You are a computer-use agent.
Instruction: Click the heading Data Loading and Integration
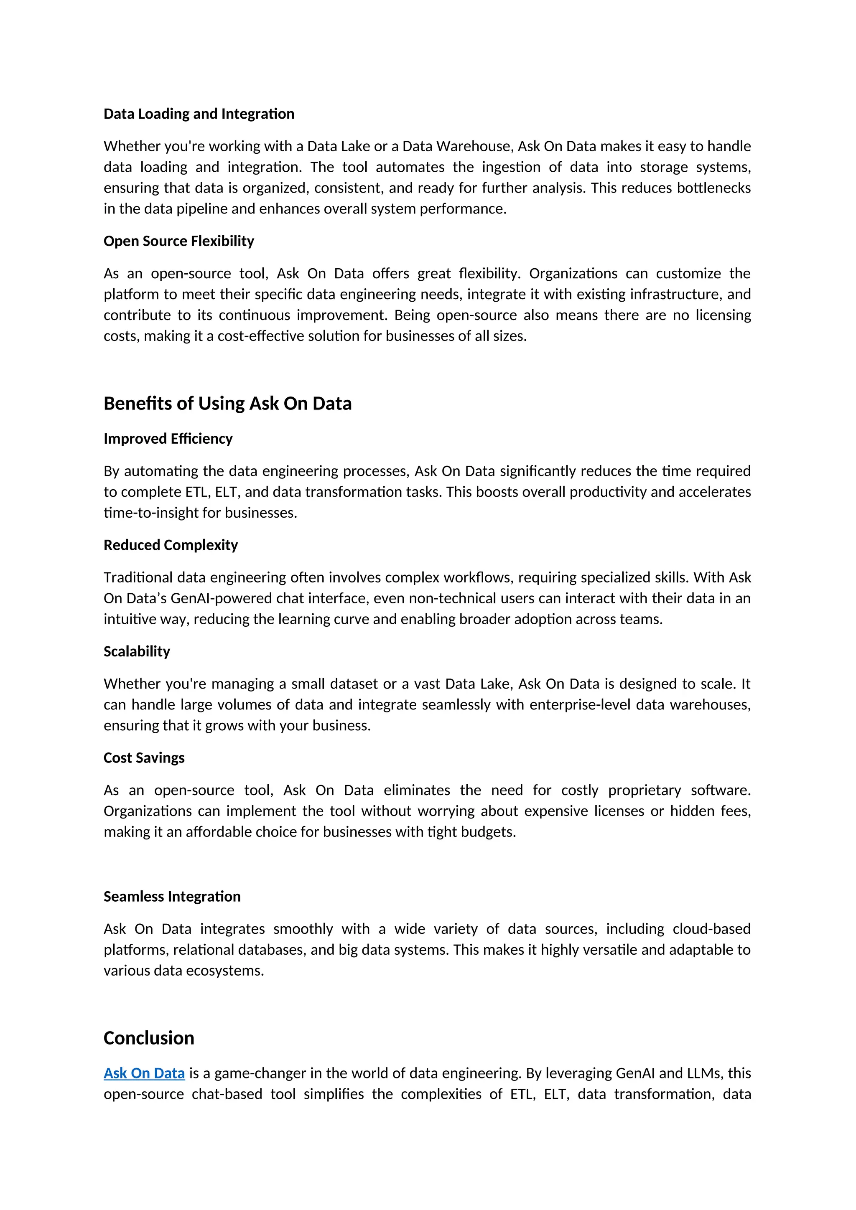[199, 114]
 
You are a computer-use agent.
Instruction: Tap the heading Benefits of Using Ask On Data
[227, 403]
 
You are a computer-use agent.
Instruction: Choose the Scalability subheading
[137, 651]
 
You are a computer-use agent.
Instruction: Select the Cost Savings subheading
[144, 758]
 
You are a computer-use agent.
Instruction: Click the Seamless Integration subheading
[172, 897]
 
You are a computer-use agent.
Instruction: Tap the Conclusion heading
[149, 1038]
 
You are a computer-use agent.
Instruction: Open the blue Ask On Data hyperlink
[144, 1073]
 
